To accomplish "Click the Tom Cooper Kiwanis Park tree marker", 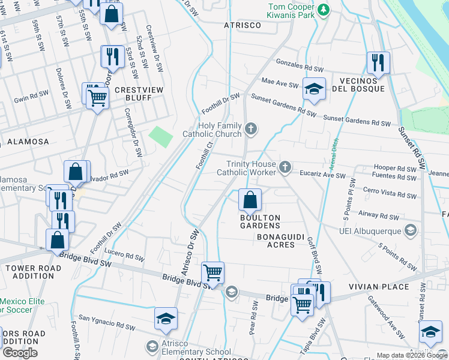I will pyautogui.click(x=324, y=10).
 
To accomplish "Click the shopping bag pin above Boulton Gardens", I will pyautogui.click(x=250, y=199).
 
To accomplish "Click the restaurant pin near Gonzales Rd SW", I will pyautogui.click(x=378, y=62).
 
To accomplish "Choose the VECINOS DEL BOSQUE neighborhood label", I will pyautogui.click(x=358, y=85).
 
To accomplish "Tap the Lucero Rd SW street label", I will pyautogui.click(x=124, y=255).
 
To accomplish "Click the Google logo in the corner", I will pyautogui.click(x=20, y=353).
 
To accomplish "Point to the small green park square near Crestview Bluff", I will pyautogui.click(x=160, y=136).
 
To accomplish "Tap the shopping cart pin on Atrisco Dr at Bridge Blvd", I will pyautogui.click(x=212, y=273).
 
